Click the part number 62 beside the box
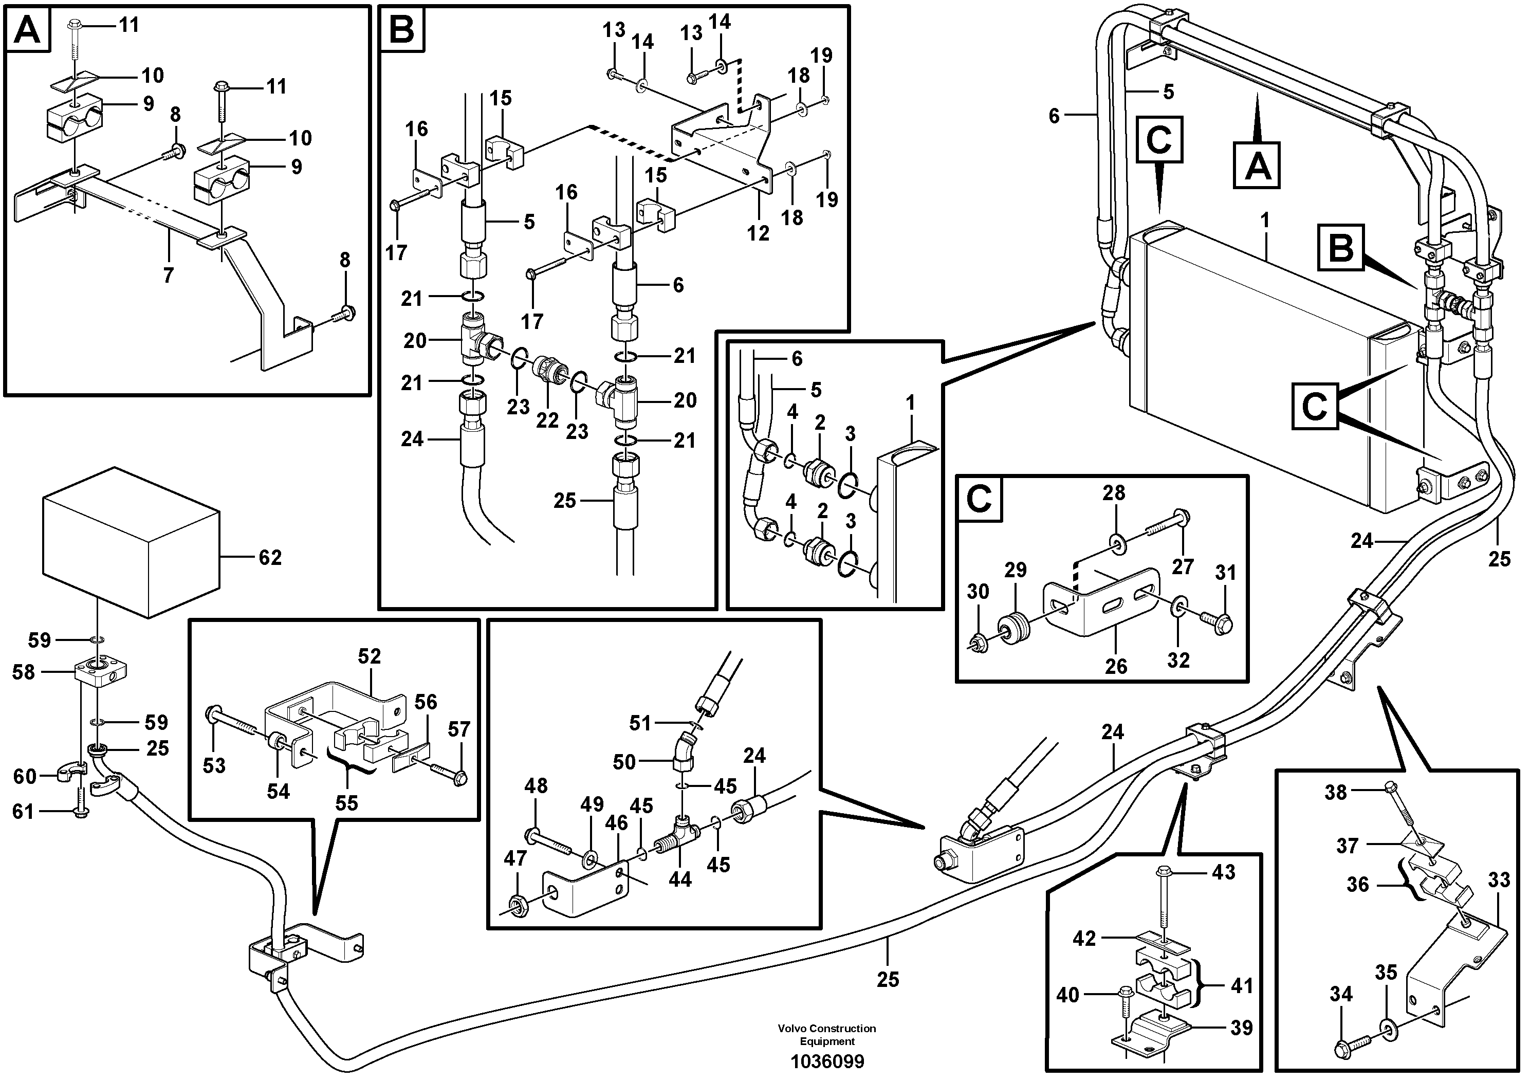[270, 557]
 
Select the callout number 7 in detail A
[169, 274]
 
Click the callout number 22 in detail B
[547, 420]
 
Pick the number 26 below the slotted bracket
[1116, 665]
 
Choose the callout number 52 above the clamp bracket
[369, 656]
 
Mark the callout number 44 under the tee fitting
[680, 880]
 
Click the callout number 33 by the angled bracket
[1499, 880]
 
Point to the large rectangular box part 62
[131, 541]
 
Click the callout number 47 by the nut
[515, 858]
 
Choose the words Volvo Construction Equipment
[827, 1034]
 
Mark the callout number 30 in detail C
[978, 591]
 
